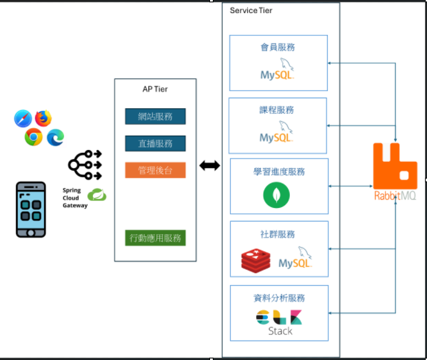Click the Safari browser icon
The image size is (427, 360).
tap(23, 119)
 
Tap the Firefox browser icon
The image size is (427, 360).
tap(44, 118)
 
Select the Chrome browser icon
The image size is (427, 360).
tap(33, 138)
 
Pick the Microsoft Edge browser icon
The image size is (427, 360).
tap(55, 138)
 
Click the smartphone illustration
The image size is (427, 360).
tap(31, 209)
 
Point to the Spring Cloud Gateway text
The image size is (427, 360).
tap(75, 197)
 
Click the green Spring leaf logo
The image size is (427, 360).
tap(97, 195)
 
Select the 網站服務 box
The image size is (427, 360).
tap(155, 116)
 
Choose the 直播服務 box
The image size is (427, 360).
tap(155, 143)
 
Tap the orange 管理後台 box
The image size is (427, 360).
tap(155, 170)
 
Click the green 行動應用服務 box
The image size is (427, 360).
tap(155, 238)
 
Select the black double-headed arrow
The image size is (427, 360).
tap(209, 166)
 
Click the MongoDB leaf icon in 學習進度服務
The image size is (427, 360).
tap(276, 195)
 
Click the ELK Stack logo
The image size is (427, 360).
tap(280, 323)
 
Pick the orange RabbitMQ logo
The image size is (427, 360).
tap(395, 173)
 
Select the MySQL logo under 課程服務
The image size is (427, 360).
tap(278, 132)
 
